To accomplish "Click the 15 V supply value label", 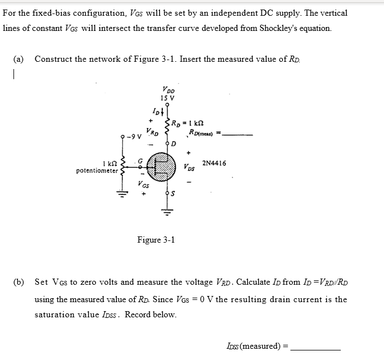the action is tap(167, 98).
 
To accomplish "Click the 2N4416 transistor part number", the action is tap(214, 163).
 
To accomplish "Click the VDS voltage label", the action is tap(189, 167).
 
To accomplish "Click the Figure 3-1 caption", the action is tap(156, 240).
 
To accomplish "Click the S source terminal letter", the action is tap(173, 194).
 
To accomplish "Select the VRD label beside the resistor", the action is tap(152, 133).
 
